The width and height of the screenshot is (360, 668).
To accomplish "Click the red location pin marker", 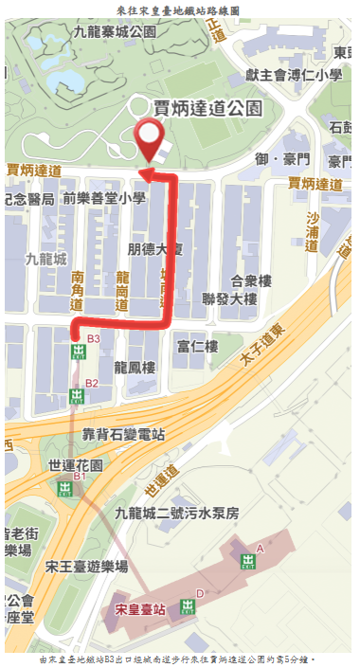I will point(149,139).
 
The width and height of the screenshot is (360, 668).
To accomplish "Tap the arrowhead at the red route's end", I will point(147,172).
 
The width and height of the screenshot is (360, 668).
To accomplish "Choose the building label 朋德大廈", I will point(155,248).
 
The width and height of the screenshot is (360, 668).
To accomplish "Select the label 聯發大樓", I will point(229,299).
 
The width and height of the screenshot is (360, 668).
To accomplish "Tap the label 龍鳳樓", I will point(134,366).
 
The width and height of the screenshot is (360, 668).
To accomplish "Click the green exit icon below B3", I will point(78,352).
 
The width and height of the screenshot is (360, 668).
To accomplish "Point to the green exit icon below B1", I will point(64,489).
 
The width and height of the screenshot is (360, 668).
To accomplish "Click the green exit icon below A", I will point(248,562).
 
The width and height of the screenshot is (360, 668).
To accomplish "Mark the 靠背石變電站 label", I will point(123,435).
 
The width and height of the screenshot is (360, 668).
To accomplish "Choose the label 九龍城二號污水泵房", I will point(177,513).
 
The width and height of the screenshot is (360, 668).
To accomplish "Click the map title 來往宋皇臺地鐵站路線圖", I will point(178,9).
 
